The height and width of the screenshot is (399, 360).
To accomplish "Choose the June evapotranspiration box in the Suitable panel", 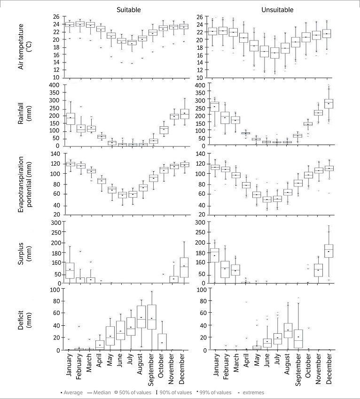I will [122, 194].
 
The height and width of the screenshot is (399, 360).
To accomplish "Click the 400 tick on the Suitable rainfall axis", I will [58, 85].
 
